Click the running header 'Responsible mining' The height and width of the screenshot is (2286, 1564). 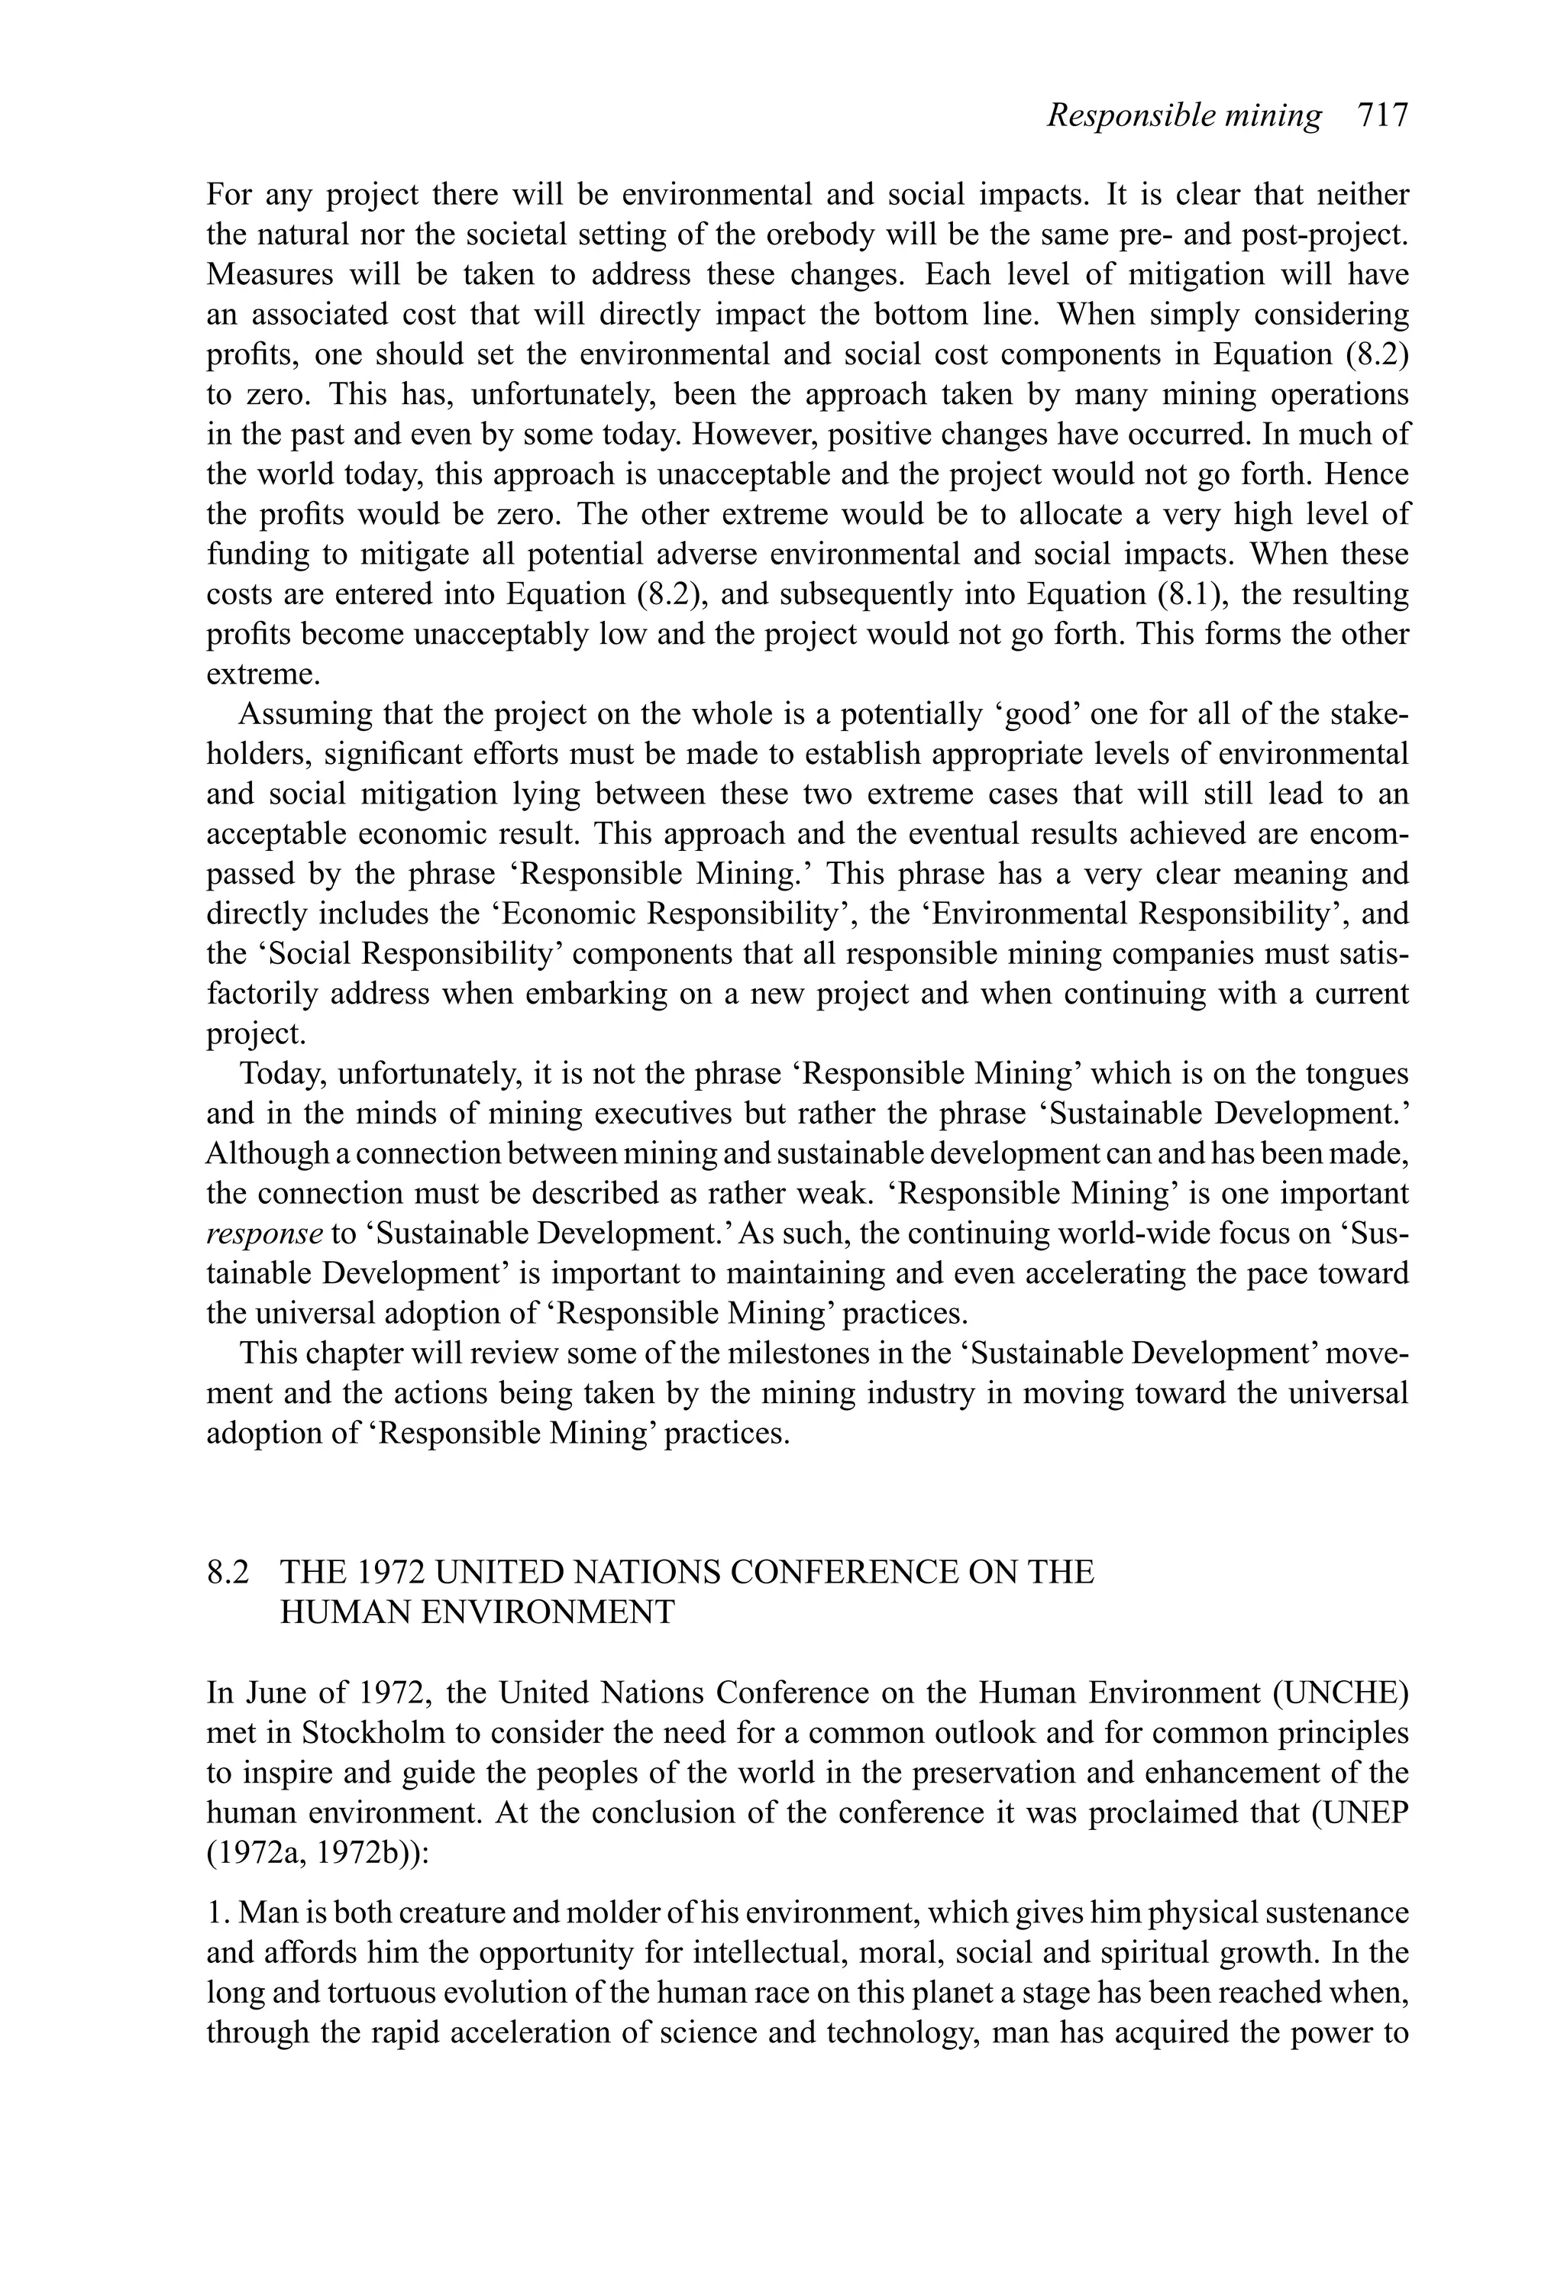[x=1184, y=116]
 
